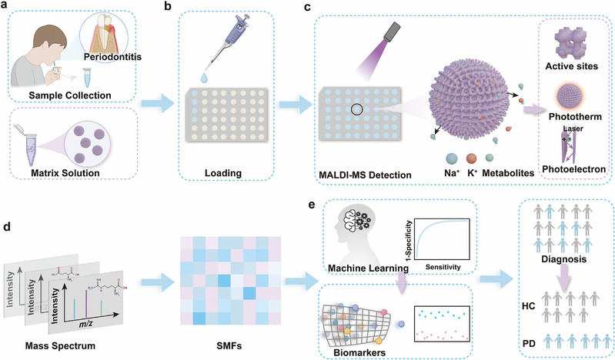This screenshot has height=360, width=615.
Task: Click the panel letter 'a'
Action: coord(5,7)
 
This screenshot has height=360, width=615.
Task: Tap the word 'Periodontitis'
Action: coord(112,57)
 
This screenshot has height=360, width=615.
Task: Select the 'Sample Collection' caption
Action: coord(70,95)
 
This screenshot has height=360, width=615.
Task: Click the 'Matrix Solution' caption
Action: coord(65,173)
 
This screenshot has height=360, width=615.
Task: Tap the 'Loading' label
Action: coord(223,173)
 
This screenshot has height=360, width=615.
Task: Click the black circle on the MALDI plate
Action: coord(356,109)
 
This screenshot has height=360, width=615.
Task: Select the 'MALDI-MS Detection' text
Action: coord(365,175)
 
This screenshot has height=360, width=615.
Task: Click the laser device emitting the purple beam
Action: coord(393,32)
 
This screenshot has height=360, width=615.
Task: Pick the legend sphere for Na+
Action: coord(452,158)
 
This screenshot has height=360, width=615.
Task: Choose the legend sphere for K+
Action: coord(471,158)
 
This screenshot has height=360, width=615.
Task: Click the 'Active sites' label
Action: coord(571,66)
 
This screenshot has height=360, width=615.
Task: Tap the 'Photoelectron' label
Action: coord(573,169)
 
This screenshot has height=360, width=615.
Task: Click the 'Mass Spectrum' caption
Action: coord(60,345)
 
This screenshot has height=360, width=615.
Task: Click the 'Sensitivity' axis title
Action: coord(443,267)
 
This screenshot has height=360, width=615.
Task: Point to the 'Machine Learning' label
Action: coord(368,268)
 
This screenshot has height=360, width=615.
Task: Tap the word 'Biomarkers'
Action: coord(359,352)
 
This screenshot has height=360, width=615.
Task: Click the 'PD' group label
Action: coord(529,344)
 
